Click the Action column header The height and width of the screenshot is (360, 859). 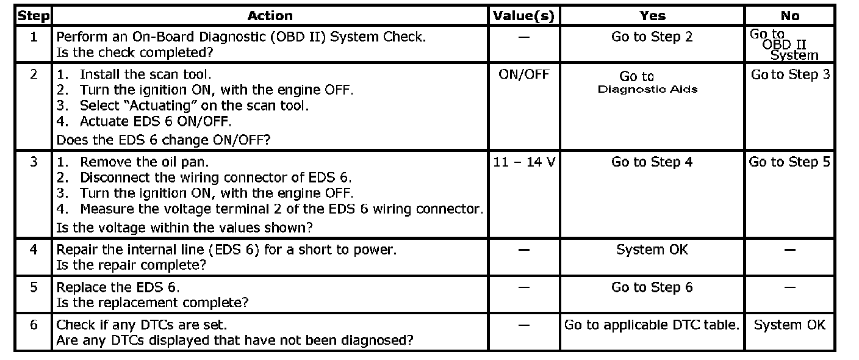270,16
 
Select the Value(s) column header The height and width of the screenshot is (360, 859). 523,16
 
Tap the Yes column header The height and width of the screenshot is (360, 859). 652,16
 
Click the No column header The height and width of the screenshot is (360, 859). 789,16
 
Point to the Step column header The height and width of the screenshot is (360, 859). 34,16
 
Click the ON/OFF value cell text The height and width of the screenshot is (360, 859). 523,74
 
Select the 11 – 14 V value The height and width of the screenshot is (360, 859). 524,162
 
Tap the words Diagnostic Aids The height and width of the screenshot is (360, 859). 648,89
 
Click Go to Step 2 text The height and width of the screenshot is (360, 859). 652,37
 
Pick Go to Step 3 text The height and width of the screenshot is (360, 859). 790,74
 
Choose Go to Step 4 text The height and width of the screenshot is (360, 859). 652,162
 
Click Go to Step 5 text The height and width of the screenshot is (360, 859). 789,162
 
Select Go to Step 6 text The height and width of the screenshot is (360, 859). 652,287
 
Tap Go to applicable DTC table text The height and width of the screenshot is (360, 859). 652,325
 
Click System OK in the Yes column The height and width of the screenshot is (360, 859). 652,250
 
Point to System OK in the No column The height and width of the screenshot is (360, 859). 789,325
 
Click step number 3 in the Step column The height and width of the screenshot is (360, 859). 34,162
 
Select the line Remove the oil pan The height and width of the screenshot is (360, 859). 132,162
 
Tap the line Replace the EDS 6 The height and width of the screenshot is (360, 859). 118,287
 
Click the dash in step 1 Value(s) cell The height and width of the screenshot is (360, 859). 524,37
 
